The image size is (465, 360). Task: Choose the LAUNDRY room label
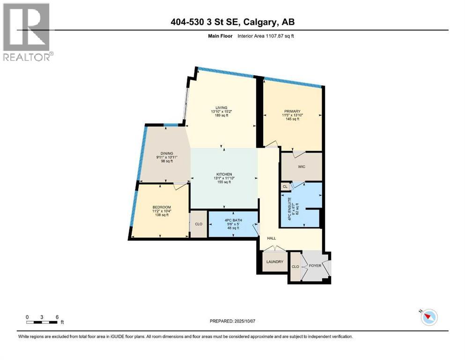click(275, 262)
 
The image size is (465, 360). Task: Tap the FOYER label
click(314, 266)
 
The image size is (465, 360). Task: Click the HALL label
click(265, 238)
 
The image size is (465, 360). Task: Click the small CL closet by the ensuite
click(285, 186)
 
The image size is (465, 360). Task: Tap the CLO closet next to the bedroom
click(199, 224)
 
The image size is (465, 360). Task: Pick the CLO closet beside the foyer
click(295, 267)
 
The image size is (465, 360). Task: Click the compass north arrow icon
click(428, 317)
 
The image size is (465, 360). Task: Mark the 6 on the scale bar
click(57, 317)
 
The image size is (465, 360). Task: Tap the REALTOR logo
click(27, 32)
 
